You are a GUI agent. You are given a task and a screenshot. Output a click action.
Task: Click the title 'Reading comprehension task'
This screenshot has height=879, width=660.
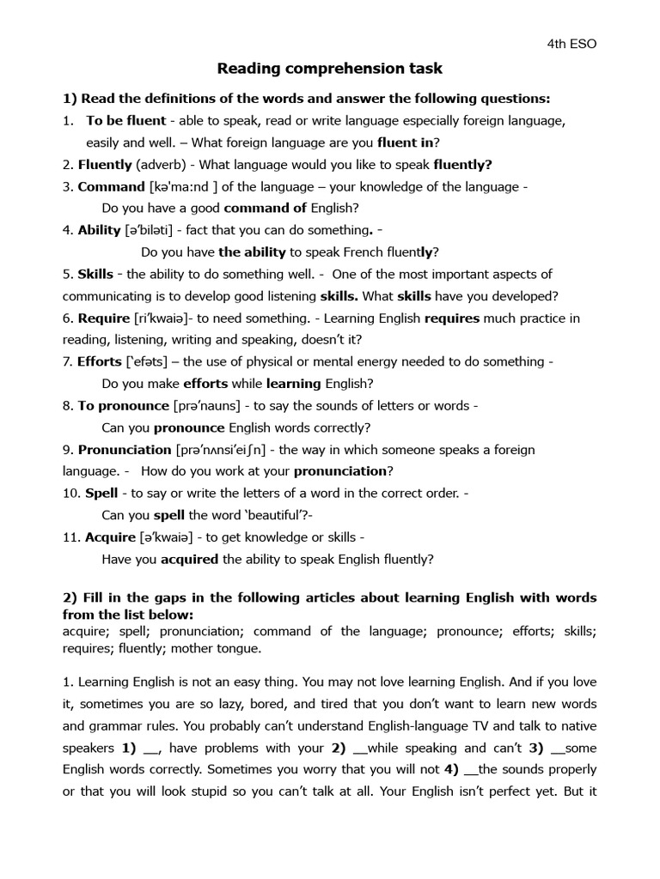pos(330,68)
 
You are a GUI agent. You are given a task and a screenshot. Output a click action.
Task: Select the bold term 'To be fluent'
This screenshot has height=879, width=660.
pos(126,120)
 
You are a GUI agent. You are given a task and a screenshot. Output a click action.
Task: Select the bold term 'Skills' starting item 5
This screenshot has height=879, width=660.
pos(95,274)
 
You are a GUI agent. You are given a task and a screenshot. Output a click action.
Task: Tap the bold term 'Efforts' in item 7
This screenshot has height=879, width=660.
pos(99,362)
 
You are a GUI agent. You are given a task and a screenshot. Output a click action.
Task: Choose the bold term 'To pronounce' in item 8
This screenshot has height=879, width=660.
pos(123,405)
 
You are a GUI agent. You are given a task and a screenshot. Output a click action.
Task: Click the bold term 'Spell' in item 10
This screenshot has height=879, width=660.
pos(101,494)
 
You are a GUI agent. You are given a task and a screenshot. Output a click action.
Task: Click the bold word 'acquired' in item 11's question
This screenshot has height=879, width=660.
pos(189,559)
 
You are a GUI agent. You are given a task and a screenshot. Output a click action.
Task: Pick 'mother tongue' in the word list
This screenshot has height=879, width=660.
pos(219,648)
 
